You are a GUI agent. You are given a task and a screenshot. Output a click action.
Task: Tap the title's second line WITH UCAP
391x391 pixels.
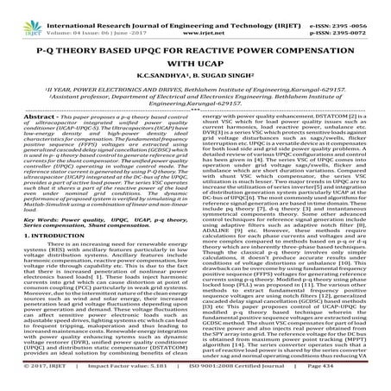(x=194, y=61)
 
